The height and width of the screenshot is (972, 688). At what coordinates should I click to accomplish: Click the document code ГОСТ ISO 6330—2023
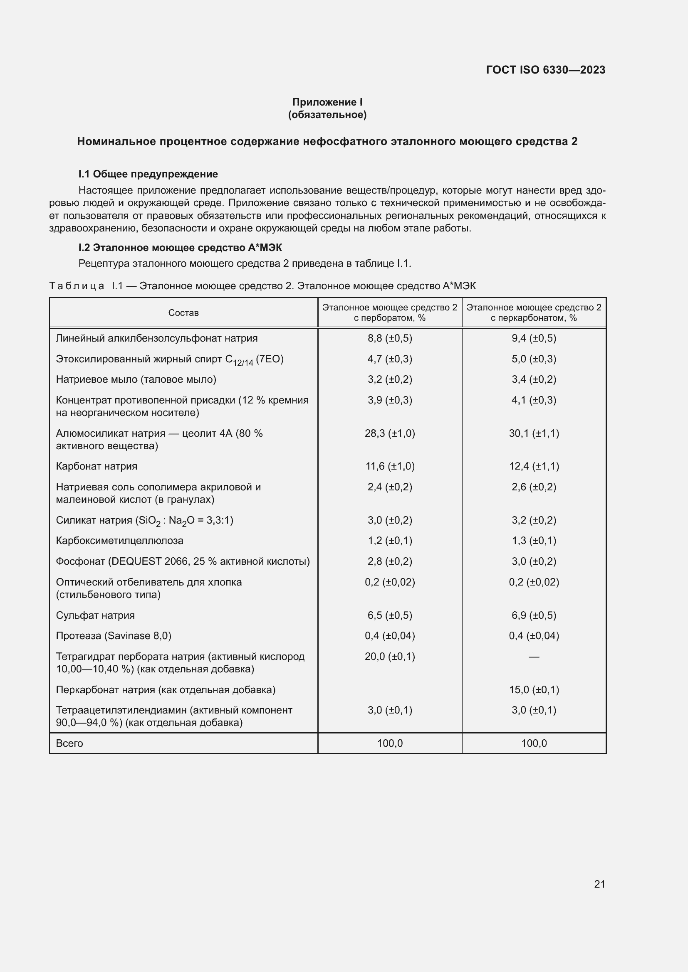545,70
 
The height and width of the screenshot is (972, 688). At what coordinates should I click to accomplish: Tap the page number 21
599,884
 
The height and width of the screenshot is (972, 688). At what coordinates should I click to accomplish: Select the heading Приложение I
327,102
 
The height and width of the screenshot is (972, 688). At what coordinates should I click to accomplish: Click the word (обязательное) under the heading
327,115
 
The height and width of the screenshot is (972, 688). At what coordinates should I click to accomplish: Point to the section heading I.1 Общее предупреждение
148,174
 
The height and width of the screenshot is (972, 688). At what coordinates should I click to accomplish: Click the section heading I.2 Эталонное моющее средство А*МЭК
180,248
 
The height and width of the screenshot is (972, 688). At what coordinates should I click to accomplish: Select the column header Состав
183,313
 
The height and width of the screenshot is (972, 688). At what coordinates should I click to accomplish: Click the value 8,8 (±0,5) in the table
390,338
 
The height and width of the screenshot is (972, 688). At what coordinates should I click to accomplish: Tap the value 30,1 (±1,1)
534,433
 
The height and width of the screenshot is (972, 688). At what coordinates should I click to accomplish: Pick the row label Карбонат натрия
97,466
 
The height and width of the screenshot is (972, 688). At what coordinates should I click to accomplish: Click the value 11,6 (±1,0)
390,466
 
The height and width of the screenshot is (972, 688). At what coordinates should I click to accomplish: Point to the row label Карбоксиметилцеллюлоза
119,541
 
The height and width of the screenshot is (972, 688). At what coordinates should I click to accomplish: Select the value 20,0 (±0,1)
390,657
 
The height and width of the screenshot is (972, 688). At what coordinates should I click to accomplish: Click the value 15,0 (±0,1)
534,690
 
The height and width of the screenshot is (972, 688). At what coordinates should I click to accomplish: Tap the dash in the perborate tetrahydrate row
534,657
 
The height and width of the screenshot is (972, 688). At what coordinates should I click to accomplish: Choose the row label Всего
69,743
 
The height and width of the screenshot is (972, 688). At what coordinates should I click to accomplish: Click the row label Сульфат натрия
95,615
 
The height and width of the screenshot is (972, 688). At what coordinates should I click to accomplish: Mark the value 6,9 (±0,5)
534,615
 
